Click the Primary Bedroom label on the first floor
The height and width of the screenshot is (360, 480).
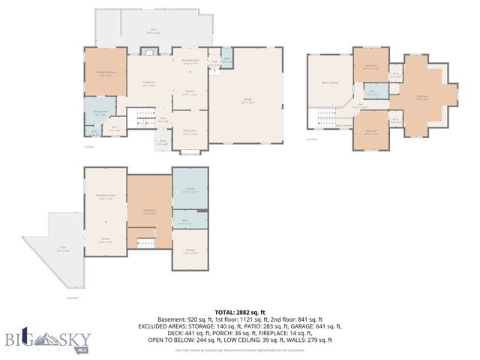coord(104,73)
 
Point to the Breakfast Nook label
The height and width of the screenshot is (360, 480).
coord(190,61)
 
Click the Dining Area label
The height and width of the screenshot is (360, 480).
coord(190,133)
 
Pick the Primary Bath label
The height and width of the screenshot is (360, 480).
coord(100,113)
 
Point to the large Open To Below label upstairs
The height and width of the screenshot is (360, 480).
coord(330,81)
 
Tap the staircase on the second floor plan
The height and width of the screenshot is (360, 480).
coord(325,118)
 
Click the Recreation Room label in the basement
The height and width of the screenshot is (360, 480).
coord(104,197)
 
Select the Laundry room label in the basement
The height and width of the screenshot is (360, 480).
coord(190,190)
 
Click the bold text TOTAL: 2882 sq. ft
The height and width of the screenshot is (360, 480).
coord(240,311)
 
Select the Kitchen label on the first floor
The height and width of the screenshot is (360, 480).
coord(190,93)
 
